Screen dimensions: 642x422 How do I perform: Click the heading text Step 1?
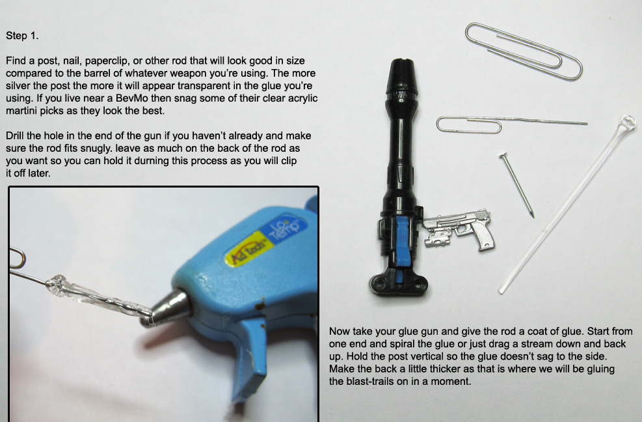pos(22,36)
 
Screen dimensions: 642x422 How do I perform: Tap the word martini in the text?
pos(21,111)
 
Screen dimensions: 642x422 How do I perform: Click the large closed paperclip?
pos(524,51)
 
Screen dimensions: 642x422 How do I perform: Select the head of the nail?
pos(503,156)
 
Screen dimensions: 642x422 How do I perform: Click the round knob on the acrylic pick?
pos(626,122)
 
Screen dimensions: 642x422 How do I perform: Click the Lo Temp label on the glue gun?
pos(285,230)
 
